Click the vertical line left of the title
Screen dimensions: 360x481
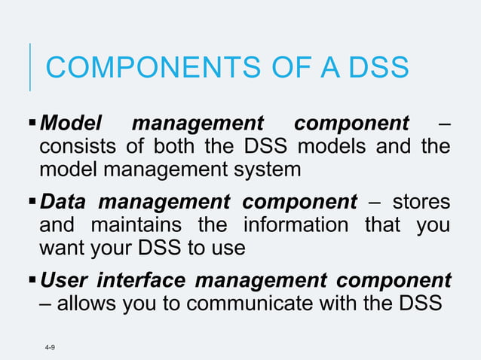[30, 67]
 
